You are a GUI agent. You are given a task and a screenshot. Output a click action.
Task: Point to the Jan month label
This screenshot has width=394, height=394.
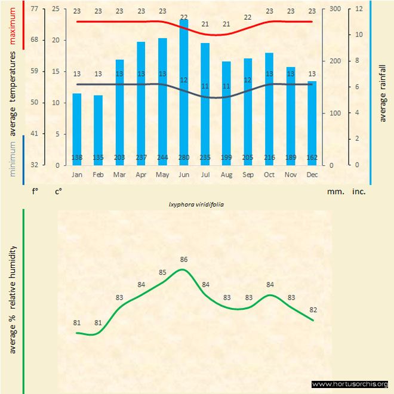tap(77, 175)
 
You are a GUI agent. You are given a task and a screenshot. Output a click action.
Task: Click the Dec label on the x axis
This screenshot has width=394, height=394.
tap(312, 175)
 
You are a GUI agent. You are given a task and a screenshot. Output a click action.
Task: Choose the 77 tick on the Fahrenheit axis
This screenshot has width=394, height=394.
tap(35, 9)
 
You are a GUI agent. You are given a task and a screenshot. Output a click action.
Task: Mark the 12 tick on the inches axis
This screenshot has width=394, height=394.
tap(359, 9)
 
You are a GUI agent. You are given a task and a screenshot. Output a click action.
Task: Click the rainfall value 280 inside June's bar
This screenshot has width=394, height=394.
tap(184, 157)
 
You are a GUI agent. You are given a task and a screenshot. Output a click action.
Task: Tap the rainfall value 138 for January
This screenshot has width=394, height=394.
tap(77, 157)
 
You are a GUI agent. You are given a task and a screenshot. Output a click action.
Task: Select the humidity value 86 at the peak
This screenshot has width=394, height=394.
tap(184, 260)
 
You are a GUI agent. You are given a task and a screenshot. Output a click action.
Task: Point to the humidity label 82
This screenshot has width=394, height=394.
tap(312, 310)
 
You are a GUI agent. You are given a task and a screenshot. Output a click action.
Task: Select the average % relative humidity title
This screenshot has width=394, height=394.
tap(13, 298)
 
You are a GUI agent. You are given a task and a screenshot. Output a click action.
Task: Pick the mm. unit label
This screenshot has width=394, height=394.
tap(334, 192)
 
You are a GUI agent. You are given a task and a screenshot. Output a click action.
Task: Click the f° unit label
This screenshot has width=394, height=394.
tap(35, 192)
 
